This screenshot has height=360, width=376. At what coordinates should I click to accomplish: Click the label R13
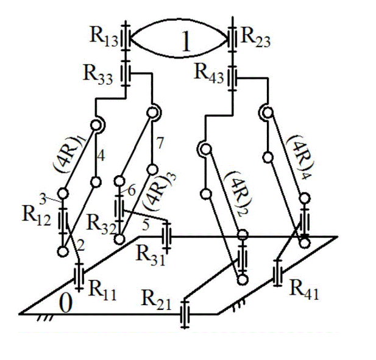pos(104,37)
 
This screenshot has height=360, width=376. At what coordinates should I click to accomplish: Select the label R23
pos(256,38)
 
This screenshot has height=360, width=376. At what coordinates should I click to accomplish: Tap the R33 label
pos(98,74)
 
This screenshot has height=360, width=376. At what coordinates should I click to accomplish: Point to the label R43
pos(209,73)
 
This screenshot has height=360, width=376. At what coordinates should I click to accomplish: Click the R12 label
pos(37,215)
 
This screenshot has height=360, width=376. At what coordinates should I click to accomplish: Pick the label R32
pos(102,225)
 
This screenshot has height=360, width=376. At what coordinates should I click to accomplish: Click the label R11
pos(102,291)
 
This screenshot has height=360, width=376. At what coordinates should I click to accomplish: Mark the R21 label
pos(157,300)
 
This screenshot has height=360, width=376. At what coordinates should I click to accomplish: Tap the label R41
pos(304,290)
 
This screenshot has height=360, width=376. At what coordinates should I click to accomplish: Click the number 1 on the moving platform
pos(186,41)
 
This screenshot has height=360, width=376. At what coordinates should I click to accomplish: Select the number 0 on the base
pos(65,303)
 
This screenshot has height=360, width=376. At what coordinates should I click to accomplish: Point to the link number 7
pos(160,143)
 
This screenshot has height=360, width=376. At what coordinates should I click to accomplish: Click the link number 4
pos(101,156)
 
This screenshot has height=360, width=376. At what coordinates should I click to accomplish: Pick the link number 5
pos(146,225)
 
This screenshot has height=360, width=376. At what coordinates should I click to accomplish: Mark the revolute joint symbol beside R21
pos(185,314)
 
